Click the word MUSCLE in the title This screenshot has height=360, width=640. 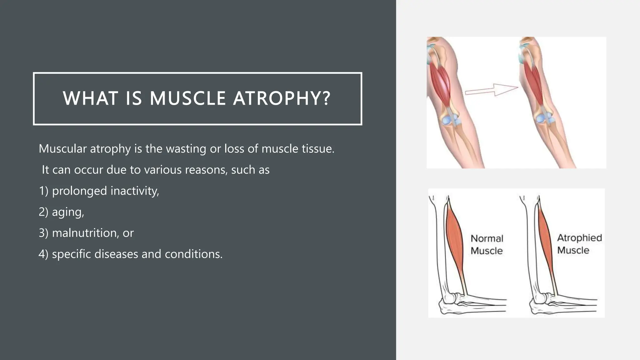coord(187,98)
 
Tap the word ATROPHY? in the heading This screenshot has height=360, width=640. coord(282,98)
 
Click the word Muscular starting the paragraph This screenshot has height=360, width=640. coord(62,149)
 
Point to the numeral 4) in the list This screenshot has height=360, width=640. coord(43,254)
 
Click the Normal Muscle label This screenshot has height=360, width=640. coord(487,244)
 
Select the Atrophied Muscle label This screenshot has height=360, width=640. coord(579,244)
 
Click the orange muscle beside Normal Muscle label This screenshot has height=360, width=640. coord(455,241)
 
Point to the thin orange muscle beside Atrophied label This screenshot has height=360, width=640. coord(546,241)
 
